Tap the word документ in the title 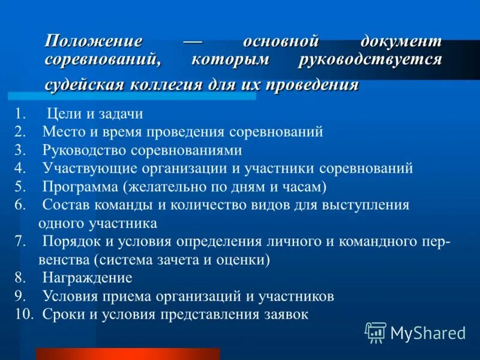(x=401, y=42)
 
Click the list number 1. (x=20, y=113)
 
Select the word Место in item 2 (x=61, y=131)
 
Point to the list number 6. (x=20, y=205)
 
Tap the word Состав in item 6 (x=62, y=205)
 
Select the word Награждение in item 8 (x=87, y=278)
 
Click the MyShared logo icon (x=376, y=332)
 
